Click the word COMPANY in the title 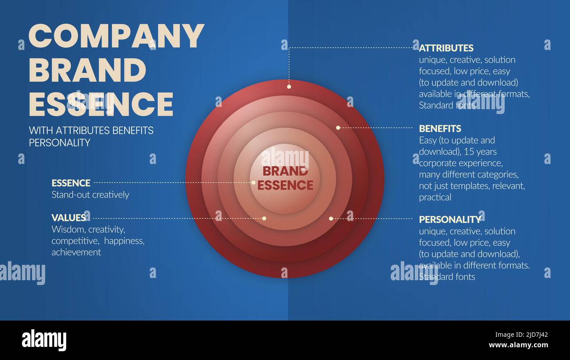tap(116, 36)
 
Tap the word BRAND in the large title tap(87, 70)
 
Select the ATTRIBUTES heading tap(446, 48)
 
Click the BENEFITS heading tap(440, 128)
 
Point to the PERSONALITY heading tap(450, 219)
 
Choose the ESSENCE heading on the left tap(71, 183)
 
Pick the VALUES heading tap(68, 217)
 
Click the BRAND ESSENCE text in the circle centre tap(285, 178)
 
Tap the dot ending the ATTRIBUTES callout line tap(289, 87)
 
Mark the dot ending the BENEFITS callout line tap(338, 128)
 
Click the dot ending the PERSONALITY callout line tap(331, 218)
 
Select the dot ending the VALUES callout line tap(264, 218)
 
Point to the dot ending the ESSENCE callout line tap(253, 182)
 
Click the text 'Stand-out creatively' tap(90, 195)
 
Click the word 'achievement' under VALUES tap(76, 252)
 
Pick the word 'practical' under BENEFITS tap(435, 197)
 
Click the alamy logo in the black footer tap(44, 340)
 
